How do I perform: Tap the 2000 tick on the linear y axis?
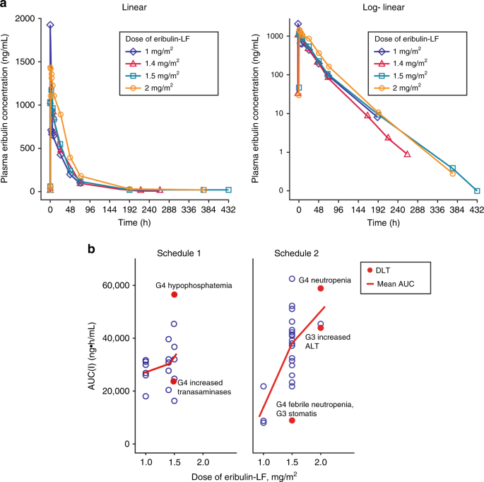click(33, 18)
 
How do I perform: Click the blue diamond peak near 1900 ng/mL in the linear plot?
click(50, 25)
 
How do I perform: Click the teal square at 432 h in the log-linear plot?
click(477, 190)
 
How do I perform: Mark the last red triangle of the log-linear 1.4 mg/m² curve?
click(407, 154)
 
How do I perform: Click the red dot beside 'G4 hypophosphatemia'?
click(174, 294)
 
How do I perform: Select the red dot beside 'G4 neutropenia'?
click(320, 288)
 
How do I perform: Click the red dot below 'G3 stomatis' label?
click(292, 420)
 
